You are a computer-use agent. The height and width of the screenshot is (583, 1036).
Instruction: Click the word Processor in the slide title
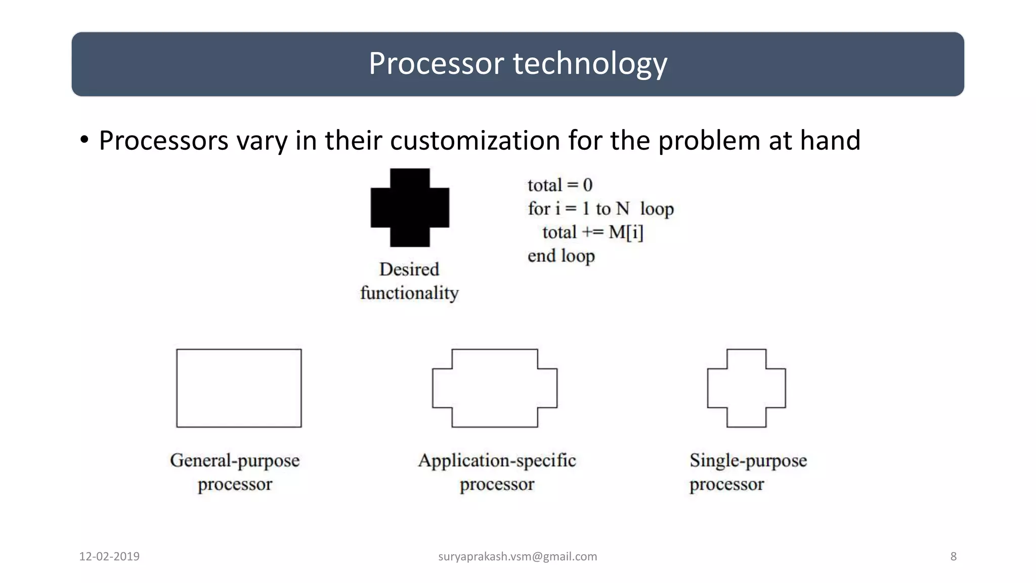tap(436, 64)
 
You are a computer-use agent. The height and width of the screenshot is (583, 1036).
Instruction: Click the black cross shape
tap(410, 207)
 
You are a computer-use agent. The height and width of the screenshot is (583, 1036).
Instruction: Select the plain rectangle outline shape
tap(239, 388)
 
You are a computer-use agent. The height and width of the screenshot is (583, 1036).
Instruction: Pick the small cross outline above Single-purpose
tap(746, 388)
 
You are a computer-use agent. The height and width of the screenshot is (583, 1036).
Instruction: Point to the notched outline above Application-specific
tap(494, 388)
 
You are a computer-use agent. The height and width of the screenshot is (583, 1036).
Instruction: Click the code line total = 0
tap(559, 185)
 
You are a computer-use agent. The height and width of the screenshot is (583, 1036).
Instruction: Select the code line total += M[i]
tap(592, 232)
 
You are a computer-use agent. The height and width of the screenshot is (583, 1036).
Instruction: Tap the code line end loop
tap(561, 256)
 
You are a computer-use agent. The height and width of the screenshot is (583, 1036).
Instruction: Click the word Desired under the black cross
tap(409, 269)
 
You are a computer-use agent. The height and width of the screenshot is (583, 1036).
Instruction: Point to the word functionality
tap(409, 293)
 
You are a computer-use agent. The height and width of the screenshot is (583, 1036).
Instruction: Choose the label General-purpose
tap(235, 461)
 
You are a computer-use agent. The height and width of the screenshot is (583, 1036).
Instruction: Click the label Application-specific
tap(497, 461)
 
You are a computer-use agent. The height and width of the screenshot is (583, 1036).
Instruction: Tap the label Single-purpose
tap(748, 461)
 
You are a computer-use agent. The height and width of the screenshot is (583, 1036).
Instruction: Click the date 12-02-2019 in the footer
tap(109, 557)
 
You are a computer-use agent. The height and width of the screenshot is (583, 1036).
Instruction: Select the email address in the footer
tap(517, 557)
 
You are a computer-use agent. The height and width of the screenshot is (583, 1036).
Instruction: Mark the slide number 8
tap(953, 557)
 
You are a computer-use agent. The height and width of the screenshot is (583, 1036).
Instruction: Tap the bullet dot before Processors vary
tap(84, 140)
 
